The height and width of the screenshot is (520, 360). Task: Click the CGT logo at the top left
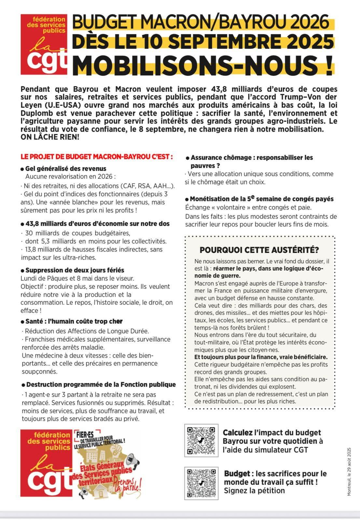[x=44, y=45]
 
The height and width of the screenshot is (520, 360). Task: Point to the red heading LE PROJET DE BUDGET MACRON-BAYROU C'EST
[x=97, y=157]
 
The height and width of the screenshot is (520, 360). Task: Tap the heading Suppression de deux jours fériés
[x=75, y=270]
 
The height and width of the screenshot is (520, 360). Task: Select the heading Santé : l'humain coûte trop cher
[x=74, y=321]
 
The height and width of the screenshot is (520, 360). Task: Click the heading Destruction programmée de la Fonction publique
[x=101, y=385]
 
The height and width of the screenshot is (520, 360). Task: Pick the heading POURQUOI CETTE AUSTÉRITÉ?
[x=259, y=250]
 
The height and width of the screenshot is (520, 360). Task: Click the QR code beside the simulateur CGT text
[x=201, y=441]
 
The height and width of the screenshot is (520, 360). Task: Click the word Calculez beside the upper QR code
[x=238, y=432]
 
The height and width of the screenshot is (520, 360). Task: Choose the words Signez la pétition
[x=254, y=490]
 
